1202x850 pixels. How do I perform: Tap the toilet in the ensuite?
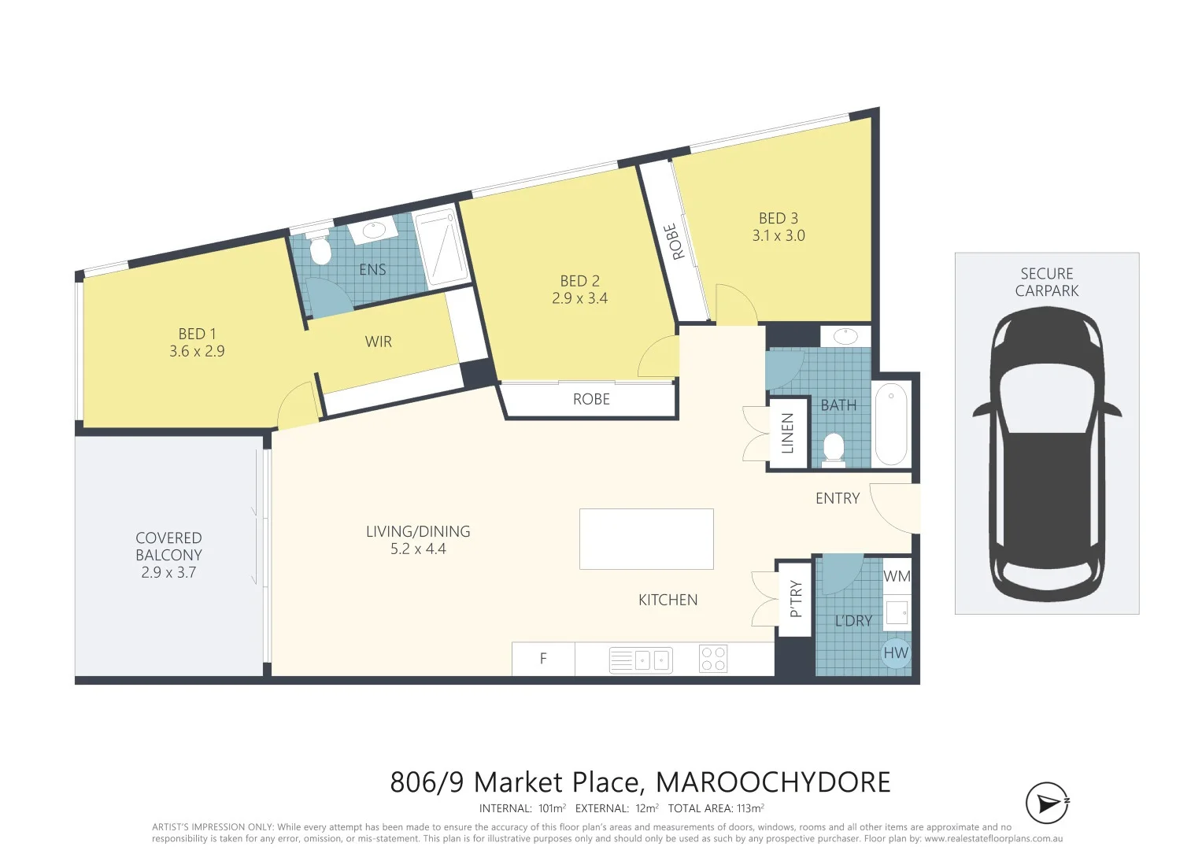pos(320,251)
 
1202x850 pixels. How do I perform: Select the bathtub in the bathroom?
pos(891,424)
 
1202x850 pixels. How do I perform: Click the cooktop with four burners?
pos(713,659)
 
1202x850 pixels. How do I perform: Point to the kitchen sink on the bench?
pos(641,660)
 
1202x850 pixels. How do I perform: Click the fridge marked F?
pos(543,659)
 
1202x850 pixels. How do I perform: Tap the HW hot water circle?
pos(896,653)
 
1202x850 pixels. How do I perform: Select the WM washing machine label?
pos(897,576)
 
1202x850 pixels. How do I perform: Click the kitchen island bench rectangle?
pos(646,539)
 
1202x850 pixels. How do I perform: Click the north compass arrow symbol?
pos(1047,804)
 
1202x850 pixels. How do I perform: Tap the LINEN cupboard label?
pos(787,434)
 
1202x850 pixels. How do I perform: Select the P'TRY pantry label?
pos(795,599)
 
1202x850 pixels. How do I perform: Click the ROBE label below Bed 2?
pos(591,400)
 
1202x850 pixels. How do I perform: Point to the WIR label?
pos(379,342)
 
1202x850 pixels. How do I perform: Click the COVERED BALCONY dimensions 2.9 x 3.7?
pos(168,573)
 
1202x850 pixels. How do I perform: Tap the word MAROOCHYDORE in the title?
pos(773,782)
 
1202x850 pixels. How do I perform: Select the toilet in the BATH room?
pos(834,449)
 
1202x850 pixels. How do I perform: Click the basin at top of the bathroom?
pos(845,337)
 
